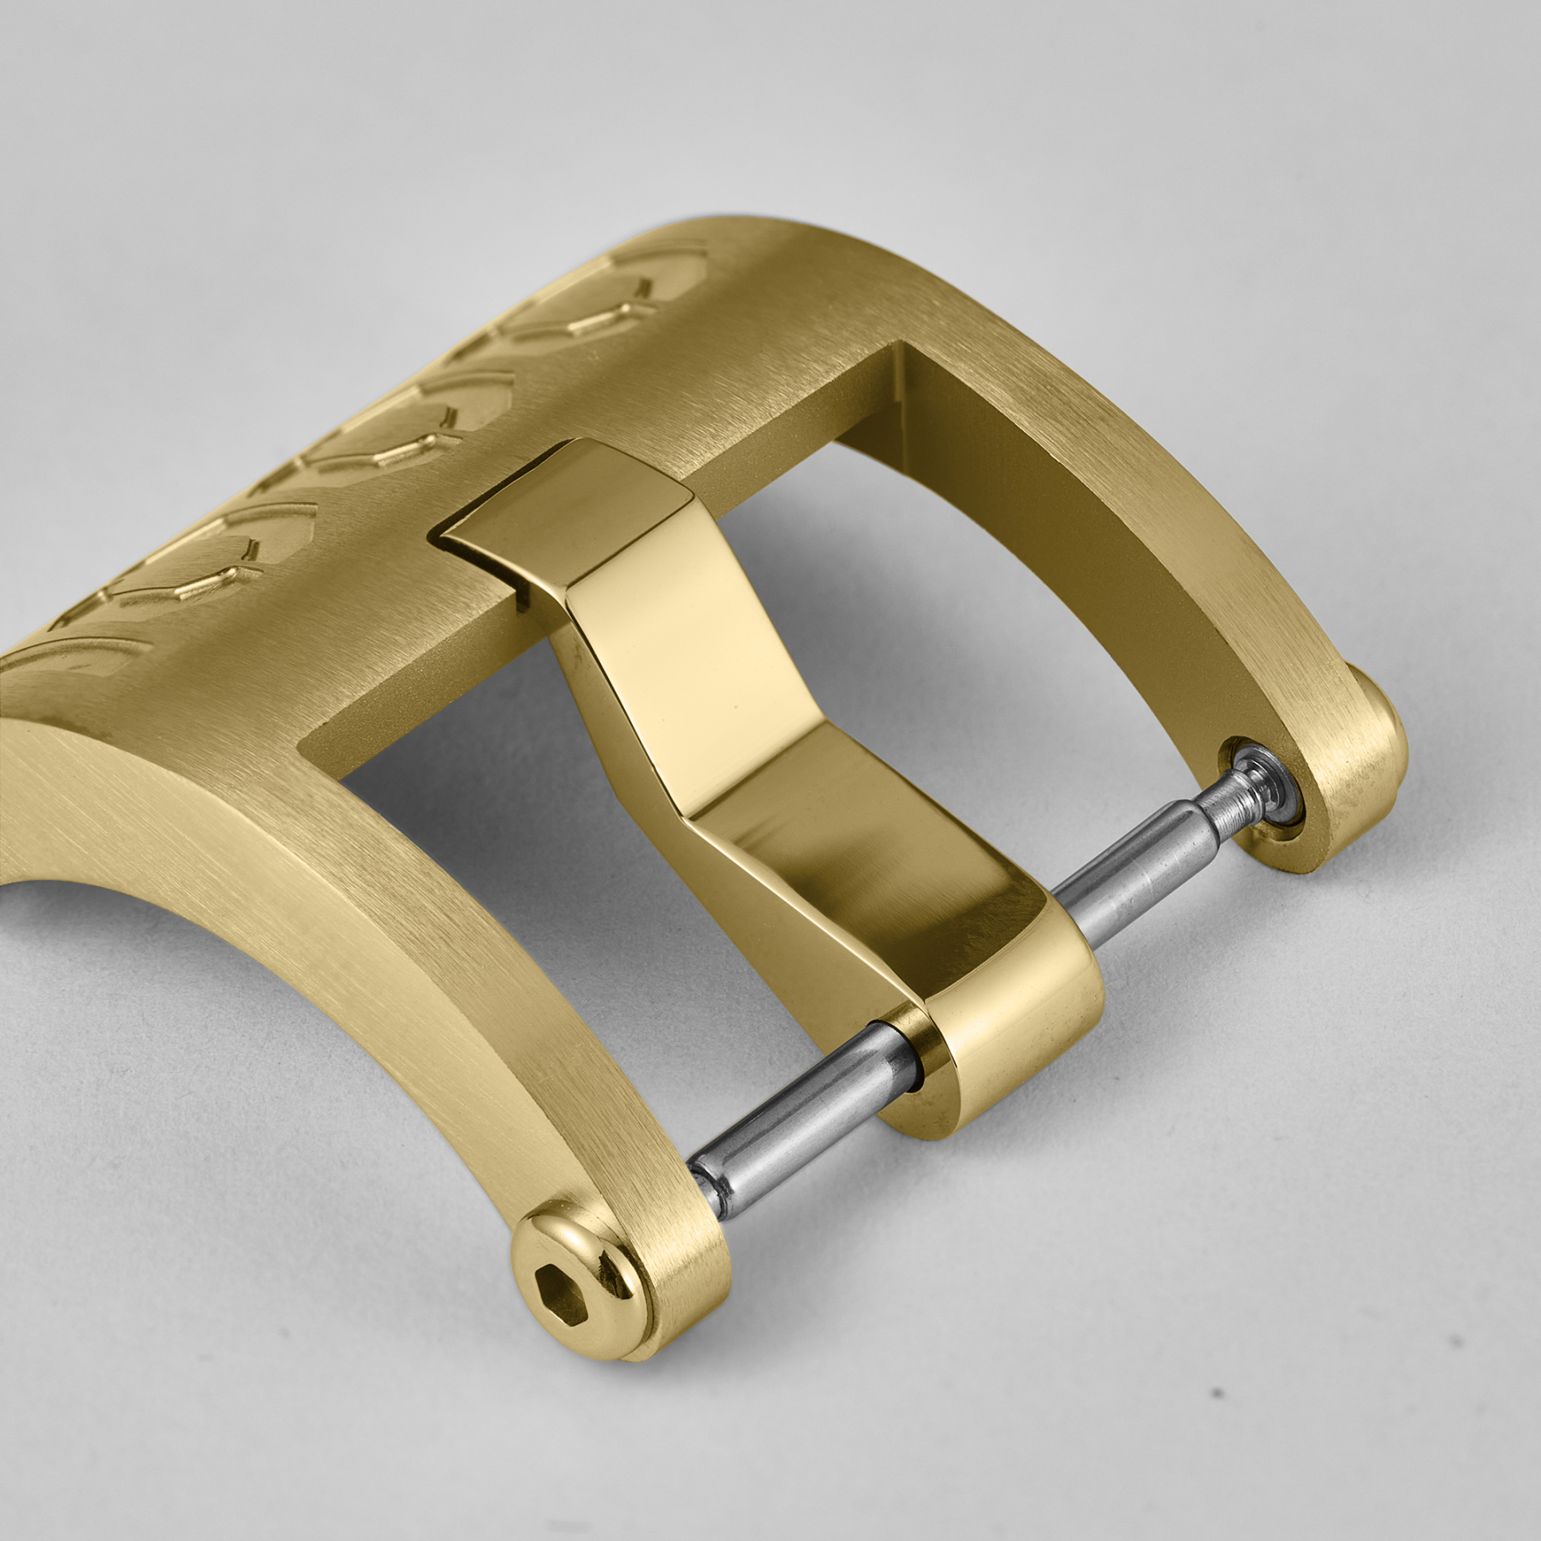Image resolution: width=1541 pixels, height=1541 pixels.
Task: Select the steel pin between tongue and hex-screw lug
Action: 788,1113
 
